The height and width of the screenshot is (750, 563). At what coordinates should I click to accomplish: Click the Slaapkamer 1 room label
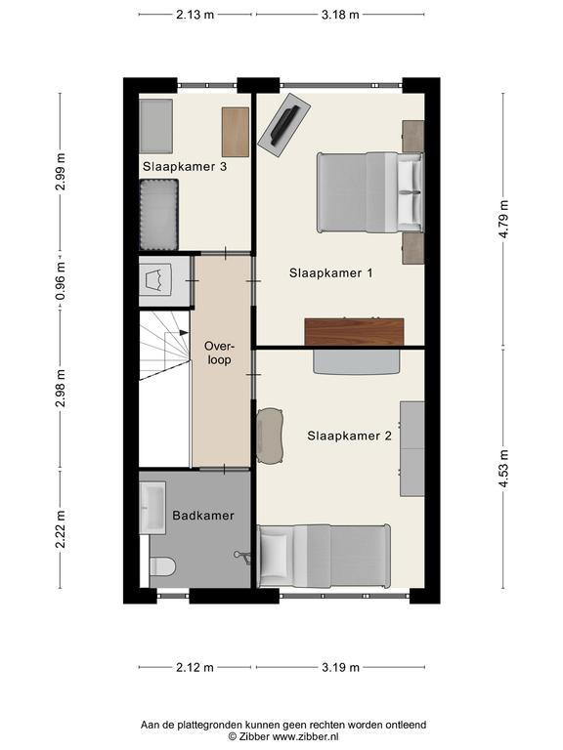click(330, 273)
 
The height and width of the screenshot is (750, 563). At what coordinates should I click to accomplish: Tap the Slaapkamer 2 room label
click(350, 436)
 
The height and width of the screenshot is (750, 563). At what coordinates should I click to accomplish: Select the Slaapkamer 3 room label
click(185, 166)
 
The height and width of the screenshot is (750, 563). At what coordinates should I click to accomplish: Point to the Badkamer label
click(203, 516)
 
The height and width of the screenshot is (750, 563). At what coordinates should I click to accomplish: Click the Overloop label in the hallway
click(219, 353)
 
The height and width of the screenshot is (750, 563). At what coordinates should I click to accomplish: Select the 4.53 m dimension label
click(504, 469)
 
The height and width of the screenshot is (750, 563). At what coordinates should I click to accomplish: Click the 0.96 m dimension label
click(61, 281)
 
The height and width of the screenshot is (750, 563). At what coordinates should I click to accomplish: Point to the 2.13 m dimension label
click(195, 15)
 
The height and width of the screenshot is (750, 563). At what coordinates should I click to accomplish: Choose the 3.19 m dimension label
click(340, 667)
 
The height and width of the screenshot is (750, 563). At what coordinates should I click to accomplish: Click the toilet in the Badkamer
click(163, 566)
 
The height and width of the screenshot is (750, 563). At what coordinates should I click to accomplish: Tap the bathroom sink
click(152, 508)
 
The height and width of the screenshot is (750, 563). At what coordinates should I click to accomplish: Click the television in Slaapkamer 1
click(284, 125)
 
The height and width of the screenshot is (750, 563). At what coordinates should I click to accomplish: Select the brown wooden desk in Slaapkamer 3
click(236, 132)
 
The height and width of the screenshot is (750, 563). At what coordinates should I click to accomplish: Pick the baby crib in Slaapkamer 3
click(159, 215)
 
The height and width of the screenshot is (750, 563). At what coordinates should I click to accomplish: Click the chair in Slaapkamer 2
click(270, 436)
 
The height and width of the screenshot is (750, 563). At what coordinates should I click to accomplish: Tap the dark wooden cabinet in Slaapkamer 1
click(354, 331)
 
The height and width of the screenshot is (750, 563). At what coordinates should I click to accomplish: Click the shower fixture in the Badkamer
click(242, 557)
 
